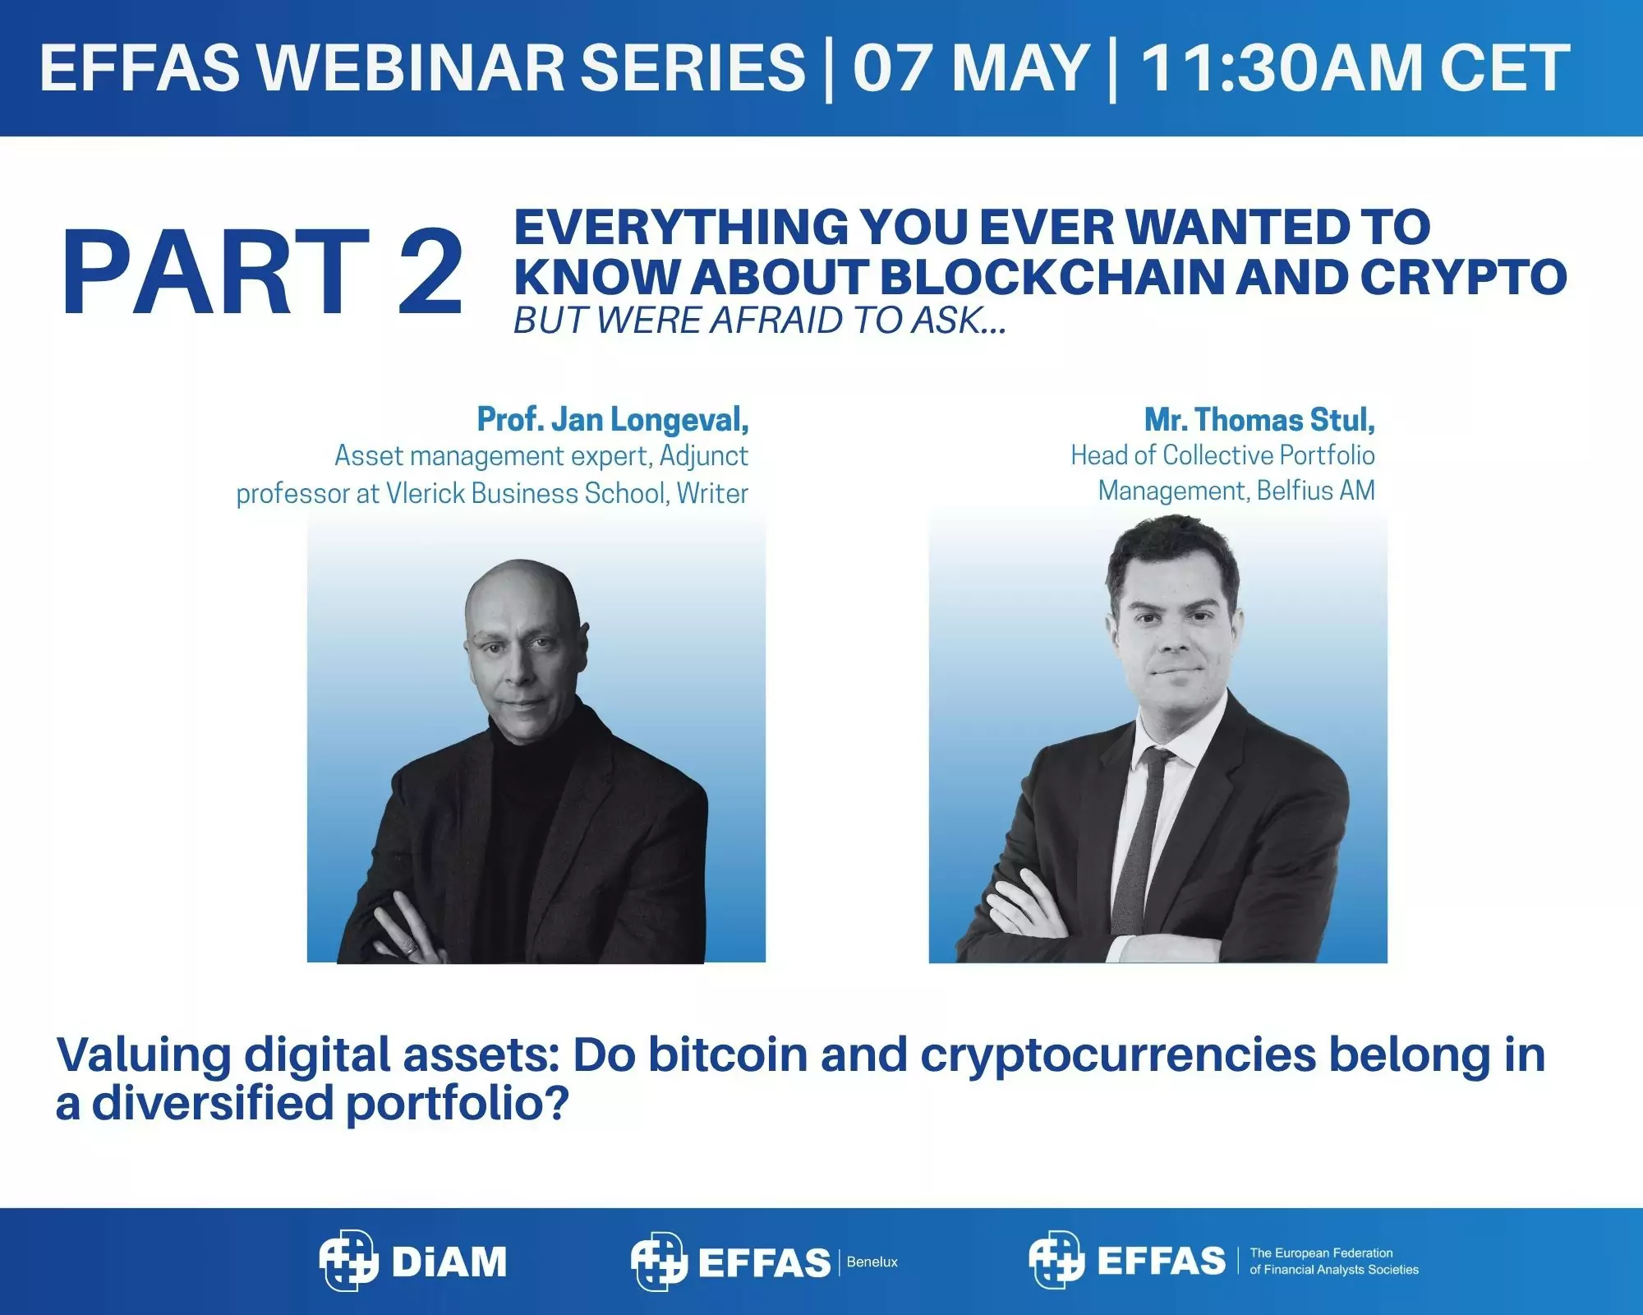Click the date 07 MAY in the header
970,67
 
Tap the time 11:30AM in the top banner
1282,67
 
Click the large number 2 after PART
430,272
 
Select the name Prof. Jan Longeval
613,420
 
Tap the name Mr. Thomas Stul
1259,420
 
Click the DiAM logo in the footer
413,1260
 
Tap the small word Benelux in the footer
872,1262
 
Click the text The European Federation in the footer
1321,1253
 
